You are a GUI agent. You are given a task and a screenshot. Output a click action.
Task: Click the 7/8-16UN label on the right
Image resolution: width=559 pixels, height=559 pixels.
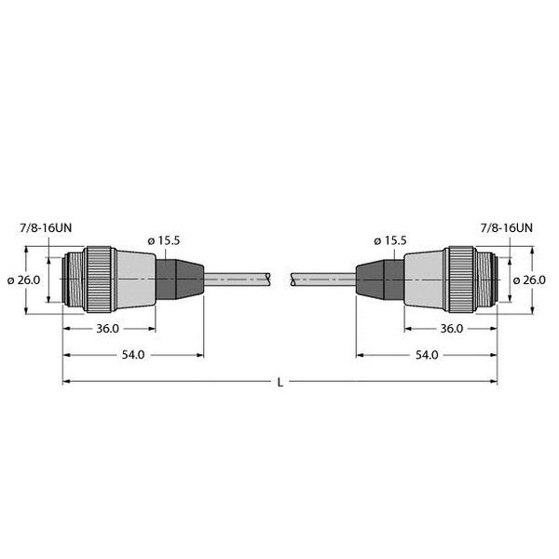[x=507, y=226]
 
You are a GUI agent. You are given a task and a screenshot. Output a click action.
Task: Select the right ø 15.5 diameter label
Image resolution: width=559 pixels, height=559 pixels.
[x=388, y=240]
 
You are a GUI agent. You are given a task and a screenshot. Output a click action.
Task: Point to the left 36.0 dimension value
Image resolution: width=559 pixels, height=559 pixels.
[x=107, y=329]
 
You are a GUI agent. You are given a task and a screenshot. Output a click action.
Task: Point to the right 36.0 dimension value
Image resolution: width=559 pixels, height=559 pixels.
[x=450, y=329]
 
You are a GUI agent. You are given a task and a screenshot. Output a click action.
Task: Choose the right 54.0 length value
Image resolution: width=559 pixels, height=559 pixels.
[x=426, y=355]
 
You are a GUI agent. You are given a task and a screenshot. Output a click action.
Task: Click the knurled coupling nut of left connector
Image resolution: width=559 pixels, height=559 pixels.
[x=98, y=279]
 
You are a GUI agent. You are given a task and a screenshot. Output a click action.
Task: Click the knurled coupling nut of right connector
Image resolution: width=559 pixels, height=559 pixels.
[x=460, y=279]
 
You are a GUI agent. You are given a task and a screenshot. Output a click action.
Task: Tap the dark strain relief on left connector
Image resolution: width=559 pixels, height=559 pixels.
[x=177, y=279]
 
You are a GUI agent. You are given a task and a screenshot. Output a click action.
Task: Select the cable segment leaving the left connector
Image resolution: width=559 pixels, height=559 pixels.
[x=238, y=279]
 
